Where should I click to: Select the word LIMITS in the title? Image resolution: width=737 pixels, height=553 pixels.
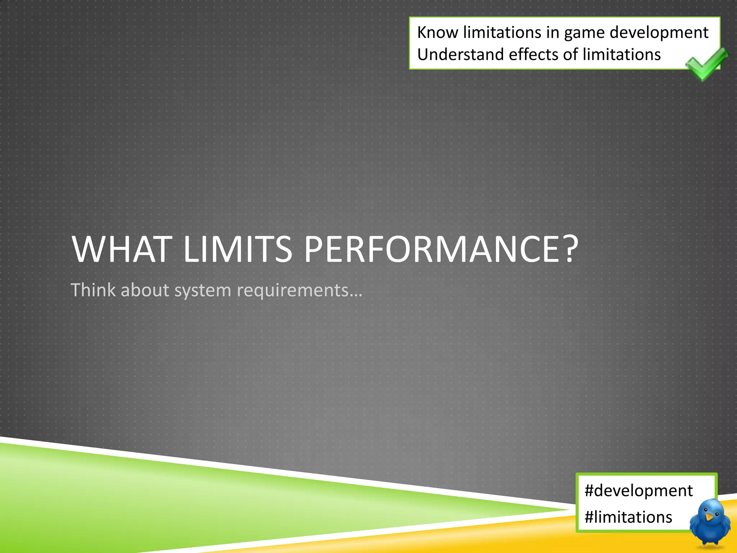(x=238, y=249)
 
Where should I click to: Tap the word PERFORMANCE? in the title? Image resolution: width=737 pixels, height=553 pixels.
(x=441, y=249)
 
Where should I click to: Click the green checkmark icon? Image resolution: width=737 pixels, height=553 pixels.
(x=706, y=64)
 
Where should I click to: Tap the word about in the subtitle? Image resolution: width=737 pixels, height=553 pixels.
(x=145, y=290)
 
